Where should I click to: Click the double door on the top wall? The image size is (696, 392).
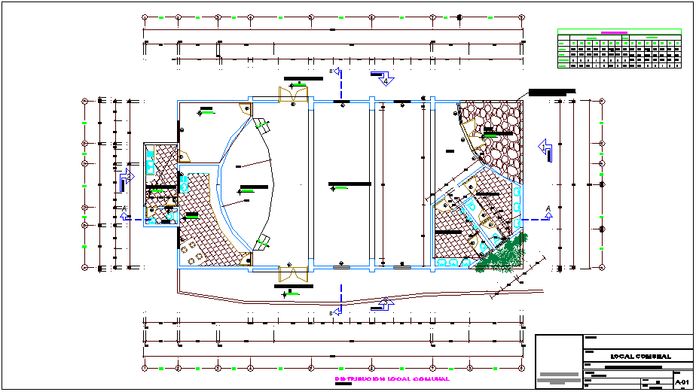[294, 94]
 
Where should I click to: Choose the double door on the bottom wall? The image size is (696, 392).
[294, 274]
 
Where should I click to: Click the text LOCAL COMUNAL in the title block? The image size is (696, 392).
[640, 356]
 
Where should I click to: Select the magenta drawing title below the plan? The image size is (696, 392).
[392, 379]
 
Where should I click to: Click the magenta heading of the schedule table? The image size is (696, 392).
[614, 32]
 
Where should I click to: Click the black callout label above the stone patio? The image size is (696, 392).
[551, 92]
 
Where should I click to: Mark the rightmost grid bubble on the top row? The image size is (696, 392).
[521, 16]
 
